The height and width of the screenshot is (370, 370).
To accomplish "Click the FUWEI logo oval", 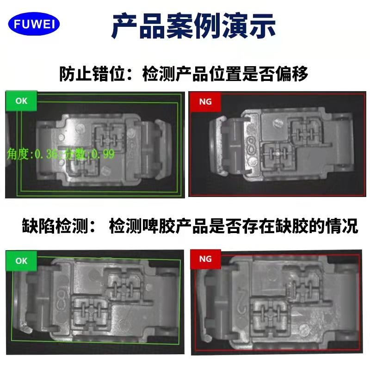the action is (x=34, y=24).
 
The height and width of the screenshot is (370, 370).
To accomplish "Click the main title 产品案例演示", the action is (x=193, y=26).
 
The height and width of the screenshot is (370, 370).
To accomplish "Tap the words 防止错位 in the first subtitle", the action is (x=92, y=74).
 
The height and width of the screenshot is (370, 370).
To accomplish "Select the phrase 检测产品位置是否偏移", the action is (x=225, y=74).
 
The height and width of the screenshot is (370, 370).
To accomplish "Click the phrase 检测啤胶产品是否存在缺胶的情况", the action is (x=234, y=226).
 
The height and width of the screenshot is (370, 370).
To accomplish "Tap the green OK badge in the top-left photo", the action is (x=21, y=101).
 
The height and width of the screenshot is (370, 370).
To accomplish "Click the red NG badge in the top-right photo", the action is (x=205, y=102).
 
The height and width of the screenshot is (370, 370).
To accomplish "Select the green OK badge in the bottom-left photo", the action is (x=21, y=261).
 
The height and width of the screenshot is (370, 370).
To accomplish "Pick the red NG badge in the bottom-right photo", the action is (x=205, y=259).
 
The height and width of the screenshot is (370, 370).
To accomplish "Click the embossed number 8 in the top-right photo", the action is (x=252, y=146).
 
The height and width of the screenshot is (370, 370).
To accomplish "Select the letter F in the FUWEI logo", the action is (x=17, y=24).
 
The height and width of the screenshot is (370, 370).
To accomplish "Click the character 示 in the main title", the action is (x=262, y=26).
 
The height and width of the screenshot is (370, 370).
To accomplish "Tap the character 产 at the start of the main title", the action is (x=124, y=26).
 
